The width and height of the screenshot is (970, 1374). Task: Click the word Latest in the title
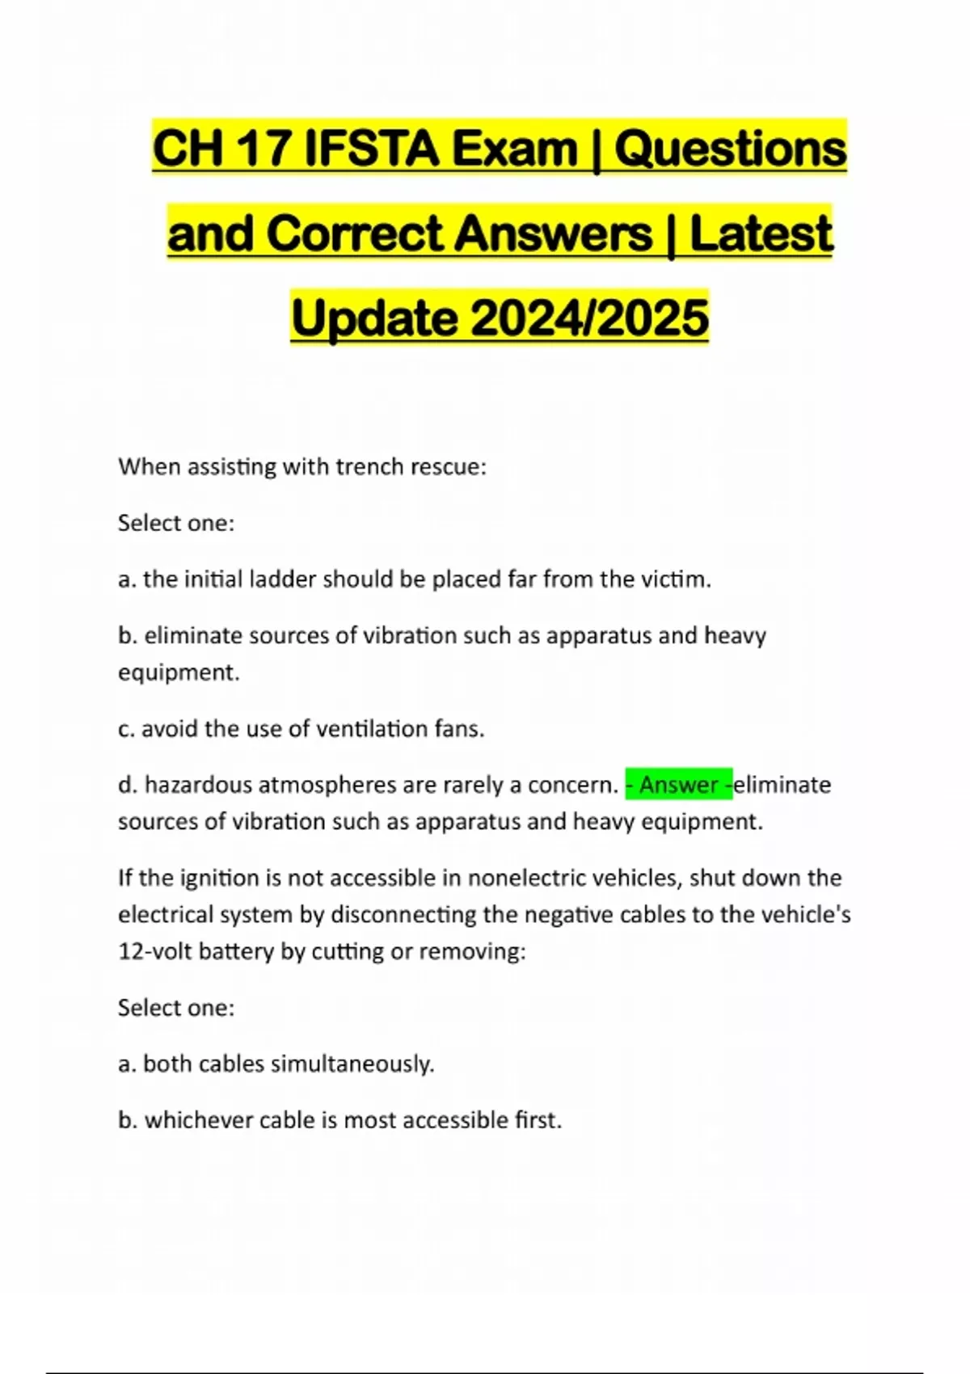point(761,234)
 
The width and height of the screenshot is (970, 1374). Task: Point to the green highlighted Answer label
point(679,785)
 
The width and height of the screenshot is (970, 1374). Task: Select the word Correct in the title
point(355,234)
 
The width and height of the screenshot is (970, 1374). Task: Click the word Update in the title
point(373,318)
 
